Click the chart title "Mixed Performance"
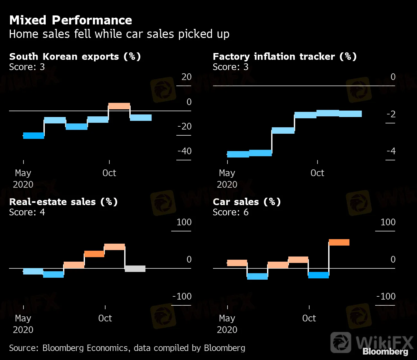70,20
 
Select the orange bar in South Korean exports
119,106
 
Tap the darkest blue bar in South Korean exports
33,136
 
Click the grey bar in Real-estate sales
135,269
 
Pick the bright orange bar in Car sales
339,242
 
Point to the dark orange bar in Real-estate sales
94,254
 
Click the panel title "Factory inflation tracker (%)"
284,57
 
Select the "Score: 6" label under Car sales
230,212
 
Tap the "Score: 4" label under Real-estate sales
27,212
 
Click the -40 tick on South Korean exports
184,151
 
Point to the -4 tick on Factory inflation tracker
391,151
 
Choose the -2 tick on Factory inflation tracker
391,114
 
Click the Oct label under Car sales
309,318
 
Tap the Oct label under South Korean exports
109,173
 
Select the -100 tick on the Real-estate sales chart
182,296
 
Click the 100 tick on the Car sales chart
388,222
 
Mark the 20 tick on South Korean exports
186,77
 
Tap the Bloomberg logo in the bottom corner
385,352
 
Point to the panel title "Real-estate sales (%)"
63,202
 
